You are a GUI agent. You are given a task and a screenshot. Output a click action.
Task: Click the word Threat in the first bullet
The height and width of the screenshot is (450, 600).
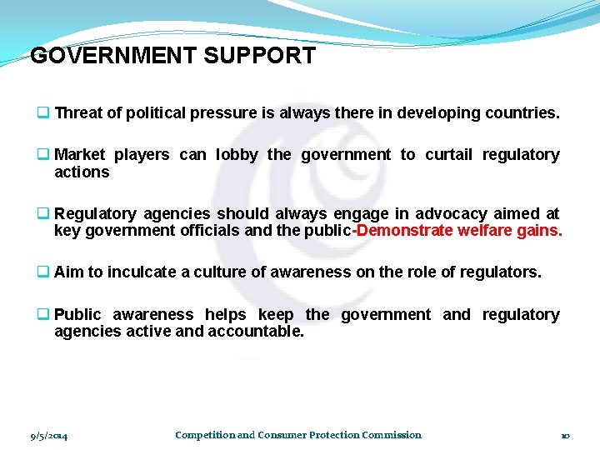[78, 113]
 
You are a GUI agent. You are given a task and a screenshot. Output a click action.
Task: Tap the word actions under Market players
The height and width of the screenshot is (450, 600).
[82, 172]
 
